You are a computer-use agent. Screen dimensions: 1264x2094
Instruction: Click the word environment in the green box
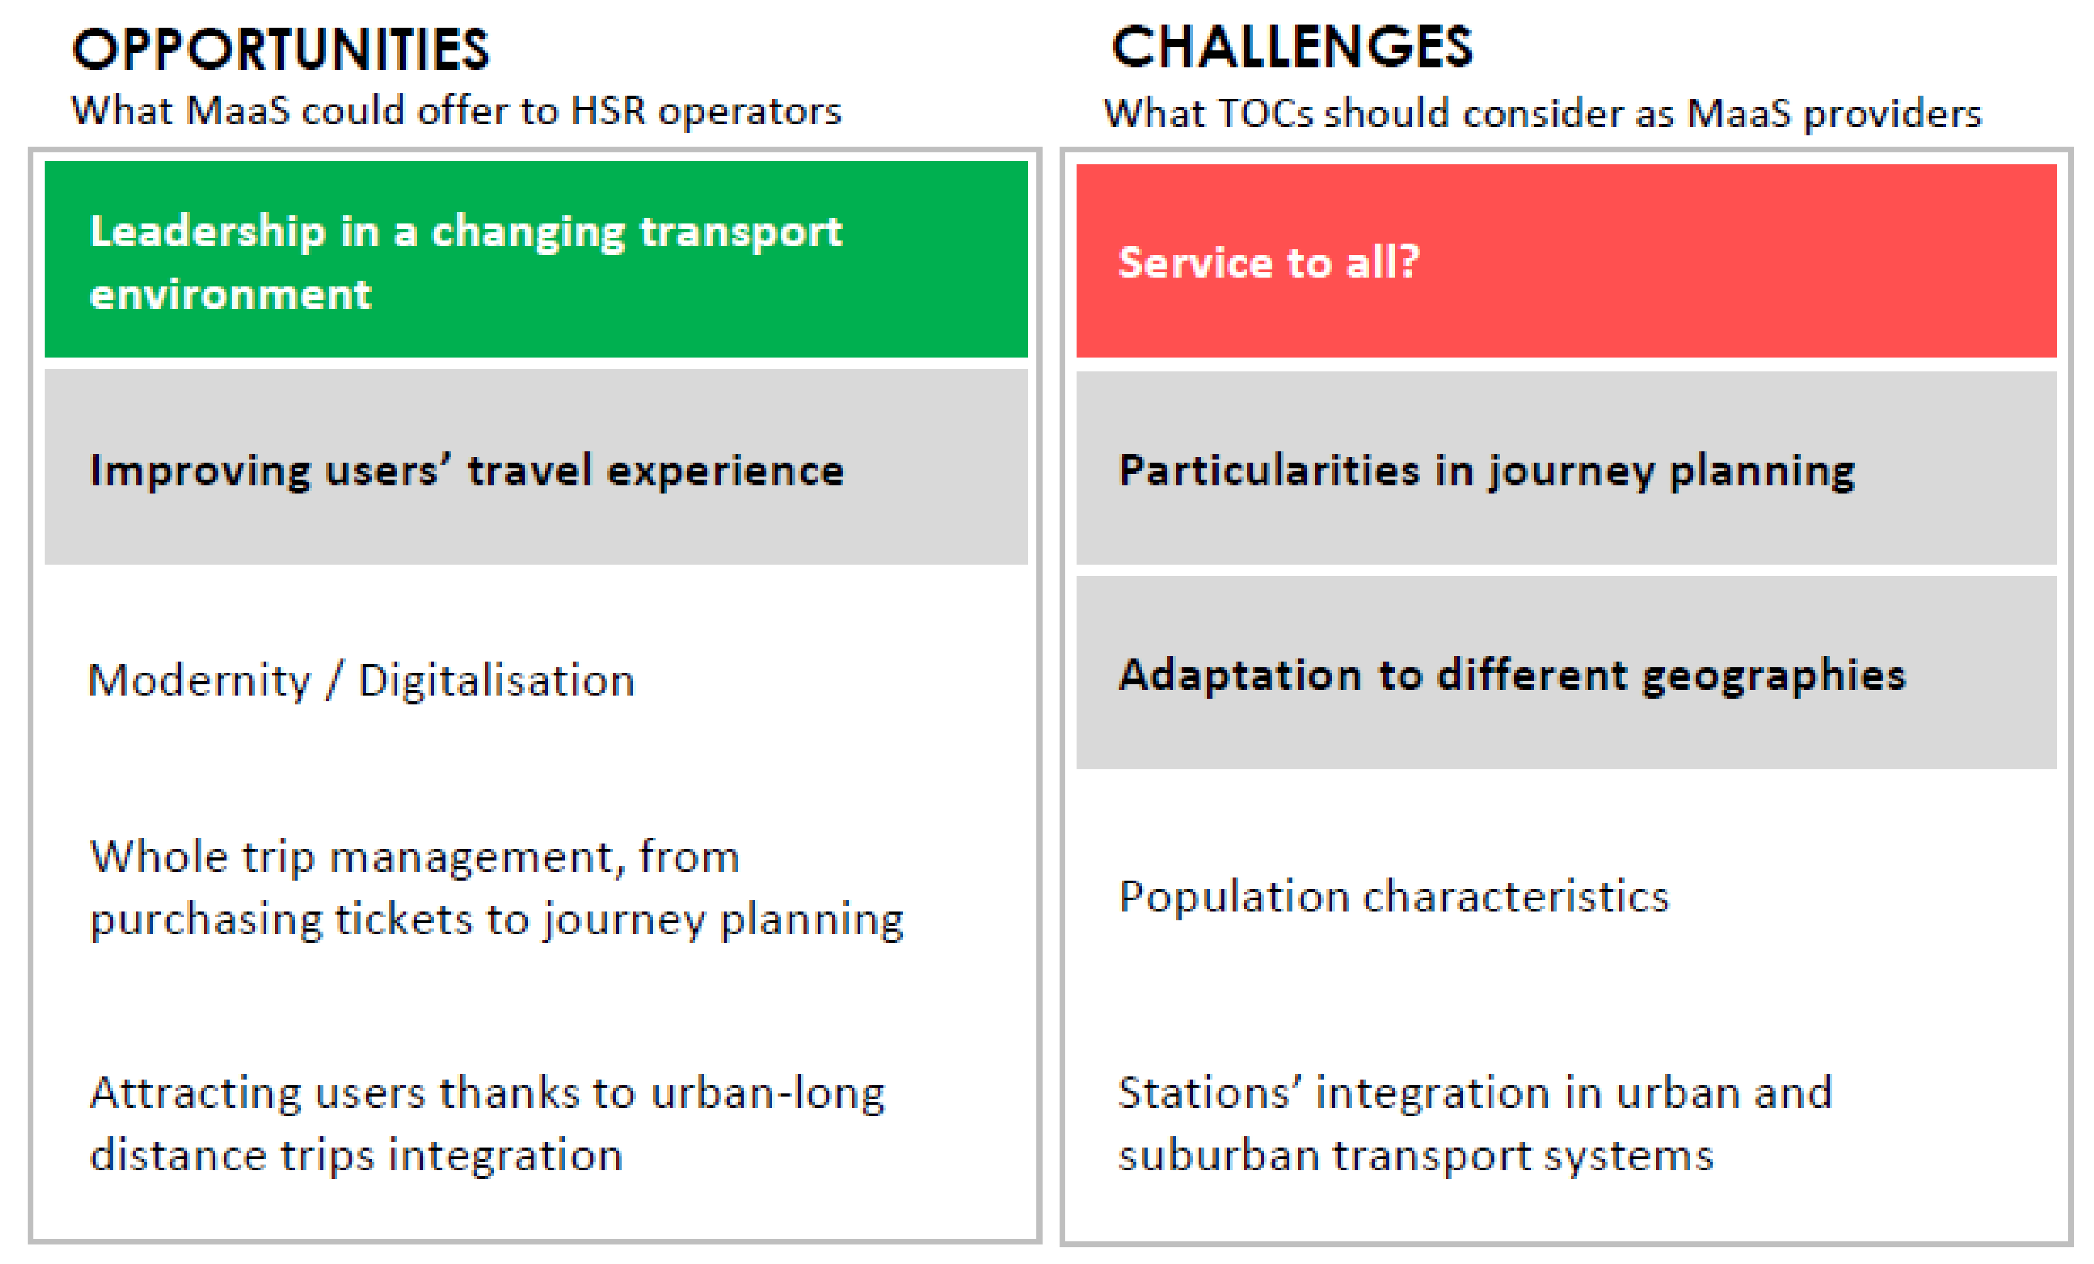click(230, 295)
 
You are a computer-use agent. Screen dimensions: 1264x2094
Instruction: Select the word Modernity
click(199, 681)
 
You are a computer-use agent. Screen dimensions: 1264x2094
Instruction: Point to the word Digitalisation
click(496, 681)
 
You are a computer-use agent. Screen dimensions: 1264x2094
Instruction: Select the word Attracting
click(196, 1094)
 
